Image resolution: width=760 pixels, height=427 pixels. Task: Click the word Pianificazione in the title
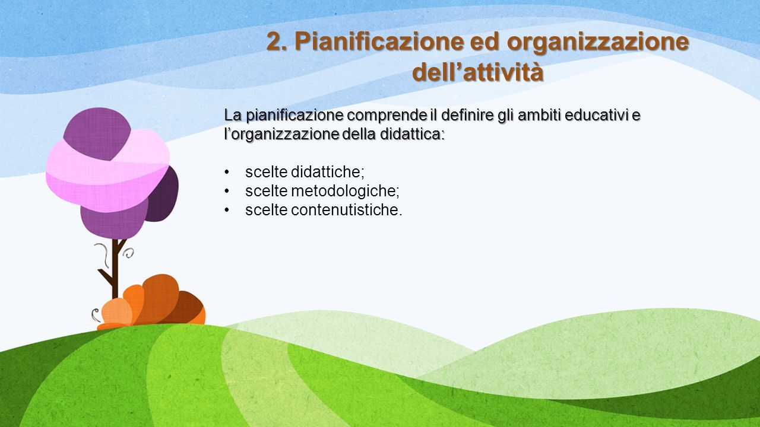point(379,42)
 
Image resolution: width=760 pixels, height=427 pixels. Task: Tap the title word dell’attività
point(478,72)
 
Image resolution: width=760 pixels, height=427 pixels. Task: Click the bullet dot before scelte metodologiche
point(227,192)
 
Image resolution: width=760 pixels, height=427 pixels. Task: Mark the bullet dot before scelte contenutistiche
point(227,211)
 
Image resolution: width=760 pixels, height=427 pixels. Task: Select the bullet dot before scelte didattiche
point(227,172)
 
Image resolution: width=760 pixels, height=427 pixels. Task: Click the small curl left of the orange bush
point(96,315)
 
